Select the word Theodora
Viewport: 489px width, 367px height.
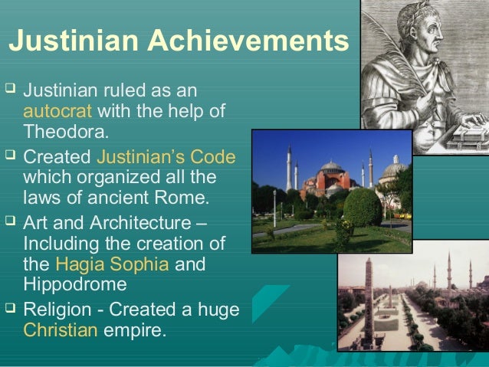65,131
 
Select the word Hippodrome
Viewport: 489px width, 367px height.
75,284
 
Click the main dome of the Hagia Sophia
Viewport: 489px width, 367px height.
332,168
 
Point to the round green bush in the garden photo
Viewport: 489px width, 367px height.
363,207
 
